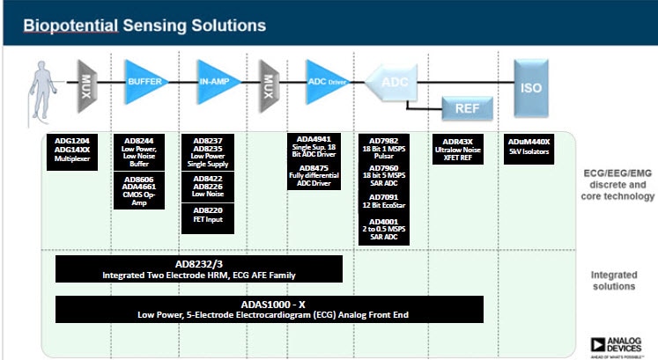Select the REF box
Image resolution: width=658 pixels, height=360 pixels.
coord(466,109)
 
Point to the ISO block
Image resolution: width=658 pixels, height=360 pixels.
coord(531,88)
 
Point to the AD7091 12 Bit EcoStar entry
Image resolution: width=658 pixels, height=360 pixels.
coord(389,202)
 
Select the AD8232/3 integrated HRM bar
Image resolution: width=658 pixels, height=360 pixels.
coord(199,268)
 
